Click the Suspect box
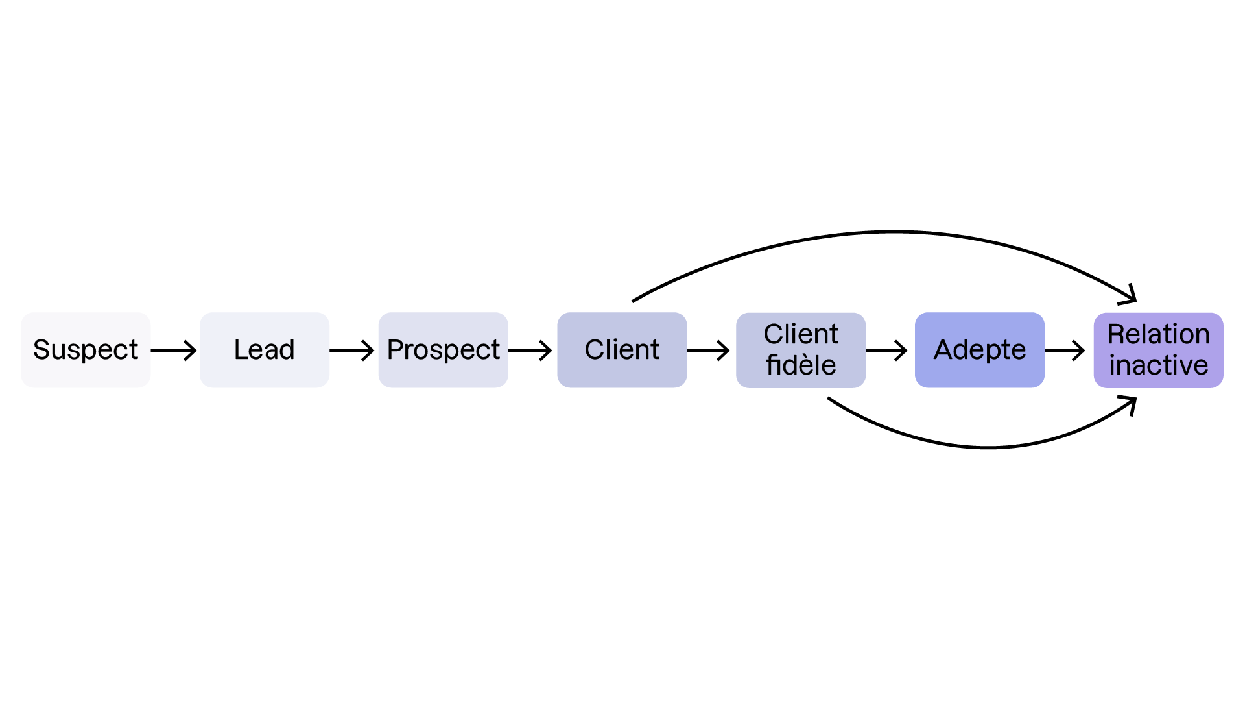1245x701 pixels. [x=86, y=350]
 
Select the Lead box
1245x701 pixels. [x=264, y=350]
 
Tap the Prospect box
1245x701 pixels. [x=443, y=350]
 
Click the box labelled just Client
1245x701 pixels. [x=622, y=350]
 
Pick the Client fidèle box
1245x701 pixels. [x=801, y=350]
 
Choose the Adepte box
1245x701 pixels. [x=979, y=350]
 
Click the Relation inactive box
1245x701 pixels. [x=1158, y=350]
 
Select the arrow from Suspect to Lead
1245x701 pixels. [x=174, y=350]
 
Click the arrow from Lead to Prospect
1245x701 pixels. [x=352, y=350]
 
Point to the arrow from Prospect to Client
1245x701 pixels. [x=530, y=350]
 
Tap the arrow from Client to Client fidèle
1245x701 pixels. [x=709, y=350]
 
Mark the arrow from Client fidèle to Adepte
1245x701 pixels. [x=886, y=350]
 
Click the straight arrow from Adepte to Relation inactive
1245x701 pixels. [x=1065, y=350]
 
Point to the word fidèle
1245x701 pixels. [x=801, y=365]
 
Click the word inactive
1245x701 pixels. [x=1158, y=365]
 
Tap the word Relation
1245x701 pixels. [x=1158, y=334]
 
